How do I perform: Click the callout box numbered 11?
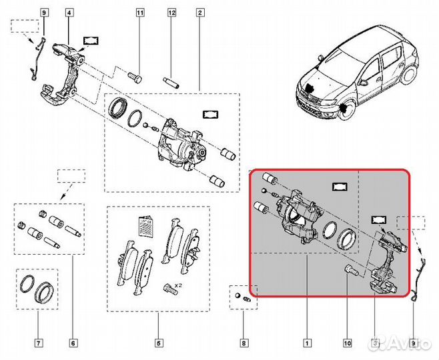pyautogui.click(x=139, y=13)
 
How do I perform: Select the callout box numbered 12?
pyautogui.click(x=171, y=13)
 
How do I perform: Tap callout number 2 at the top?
pyautogui.click(x=199, y=13)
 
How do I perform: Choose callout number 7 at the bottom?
pyautogui.click(x=39, y=344)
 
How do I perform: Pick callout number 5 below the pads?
pyautogui.click(x=158, y=344)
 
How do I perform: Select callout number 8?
pyautogui.click(x=244, y=344)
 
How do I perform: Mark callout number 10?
pyautogui.click(x=347, y=344)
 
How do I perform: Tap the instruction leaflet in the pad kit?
pyautogui.click(x=145, y=227)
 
